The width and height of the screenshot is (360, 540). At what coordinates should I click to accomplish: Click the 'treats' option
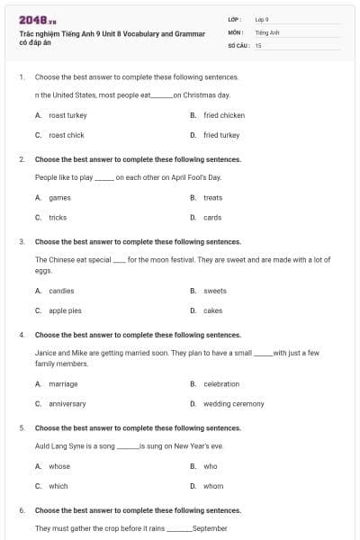212,197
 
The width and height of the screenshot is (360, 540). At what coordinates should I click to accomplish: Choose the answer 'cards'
212,217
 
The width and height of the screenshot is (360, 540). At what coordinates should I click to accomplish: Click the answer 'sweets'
215,291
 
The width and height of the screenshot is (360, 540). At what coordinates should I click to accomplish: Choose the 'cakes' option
212,310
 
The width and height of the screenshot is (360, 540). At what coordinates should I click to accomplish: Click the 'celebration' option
221,384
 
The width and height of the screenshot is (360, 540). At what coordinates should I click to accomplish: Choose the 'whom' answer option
212,486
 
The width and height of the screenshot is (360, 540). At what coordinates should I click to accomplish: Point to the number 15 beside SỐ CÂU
258,44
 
